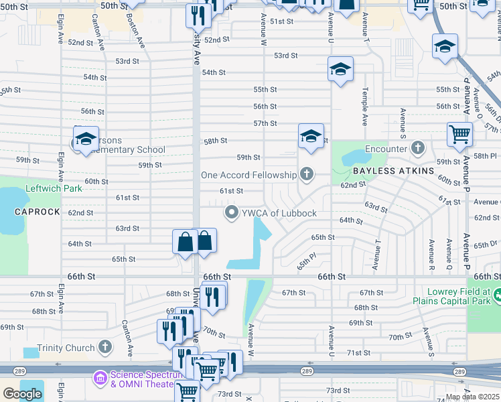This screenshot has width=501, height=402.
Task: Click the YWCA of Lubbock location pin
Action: (x=232, y=213)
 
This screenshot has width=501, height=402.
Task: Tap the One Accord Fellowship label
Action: (x=248, y=175)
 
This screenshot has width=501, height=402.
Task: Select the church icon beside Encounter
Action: (x=418, y=148)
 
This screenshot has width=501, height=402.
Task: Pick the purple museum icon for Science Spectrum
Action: (x=100, y=379)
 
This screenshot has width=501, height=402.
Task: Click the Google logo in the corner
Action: (x=21, y=394)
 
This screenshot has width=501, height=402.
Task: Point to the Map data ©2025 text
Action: (x=472, y=397)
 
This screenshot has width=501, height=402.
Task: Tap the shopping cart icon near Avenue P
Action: (x=459, y=133)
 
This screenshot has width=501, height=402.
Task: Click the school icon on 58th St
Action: (x=311, y=136)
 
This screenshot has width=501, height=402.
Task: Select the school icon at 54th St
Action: (x=340, y=69)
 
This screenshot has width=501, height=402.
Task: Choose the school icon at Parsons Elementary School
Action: (x=86, y=139)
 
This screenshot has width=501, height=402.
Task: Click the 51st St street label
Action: (x=282, y=21)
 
